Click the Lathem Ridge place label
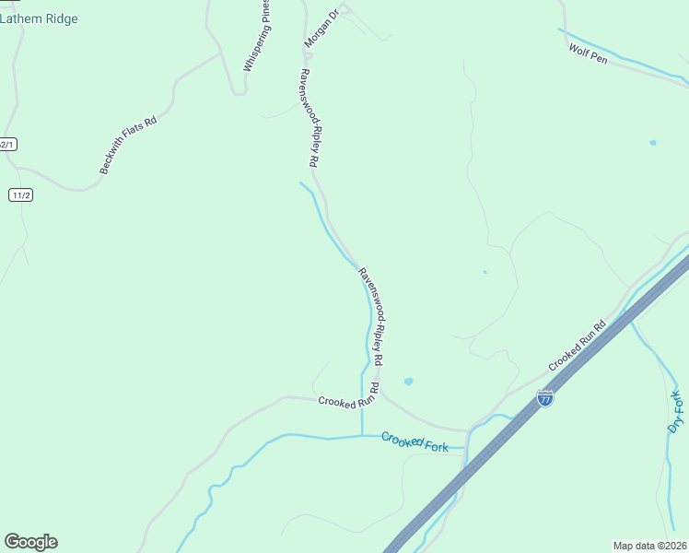coord(39,18)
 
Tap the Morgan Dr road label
coord(322,29)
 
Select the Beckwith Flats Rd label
coord(129,146)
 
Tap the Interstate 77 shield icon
coord(545,399)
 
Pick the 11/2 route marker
coord(21,195)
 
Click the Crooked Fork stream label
coord(415,442)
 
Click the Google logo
coord(30,542)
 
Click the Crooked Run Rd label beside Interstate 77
coord(578,346)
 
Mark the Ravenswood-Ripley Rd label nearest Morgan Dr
coord(309,117)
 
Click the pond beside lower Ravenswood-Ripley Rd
coord(408,381)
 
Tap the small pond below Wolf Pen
coord(653,143)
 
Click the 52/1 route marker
coord(7,145)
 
